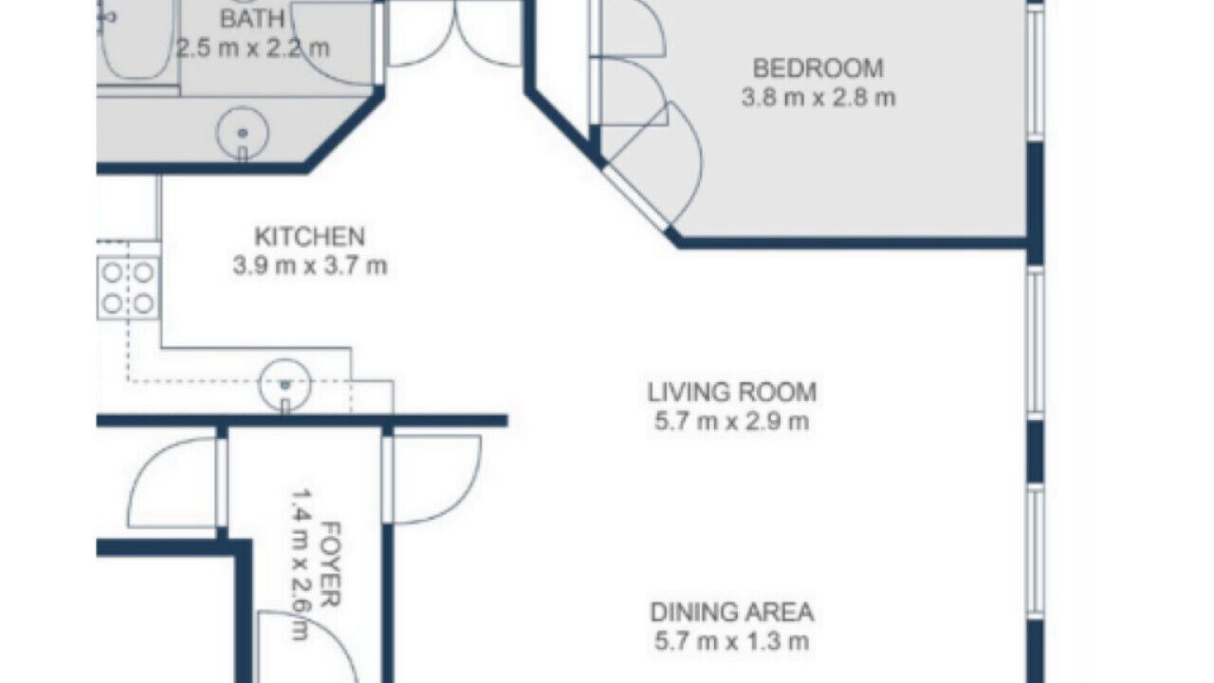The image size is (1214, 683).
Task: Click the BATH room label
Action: (252, 19)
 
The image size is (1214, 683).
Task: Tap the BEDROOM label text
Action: (818, 68)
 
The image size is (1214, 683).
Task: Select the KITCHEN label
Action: (309, 237)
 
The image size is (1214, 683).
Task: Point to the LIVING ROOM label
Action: (731, 393)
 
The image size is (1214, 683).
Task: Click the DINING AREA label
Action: (731, 612)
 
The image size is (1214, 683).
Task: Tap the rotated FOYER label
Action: (331, 563)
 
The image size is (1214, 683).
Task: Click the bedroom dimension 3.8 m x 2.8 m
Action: (818, 98)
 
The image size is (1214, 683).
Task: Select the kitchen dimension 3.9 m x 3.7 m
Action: (310, 267)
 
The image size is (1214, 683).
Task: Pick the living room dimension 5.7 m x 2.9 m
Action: (731, 421)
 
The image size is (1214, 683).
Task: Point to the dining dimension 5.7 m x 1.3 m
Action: (731, 642)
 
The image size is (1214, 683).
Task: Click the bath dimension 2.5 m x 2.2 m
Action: (252, 48)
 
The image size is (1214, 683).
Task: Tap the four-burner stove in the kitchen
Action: (128, 288)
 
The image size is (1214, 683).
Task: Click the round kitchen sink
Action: (285, 385)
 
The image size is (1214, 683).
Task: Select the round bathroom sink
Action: (242, 133)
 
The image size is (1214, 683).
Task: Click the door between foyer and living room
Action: (432, 479)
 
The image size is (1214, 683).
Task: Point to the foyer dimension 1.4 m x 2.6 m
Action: (301, 564)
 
